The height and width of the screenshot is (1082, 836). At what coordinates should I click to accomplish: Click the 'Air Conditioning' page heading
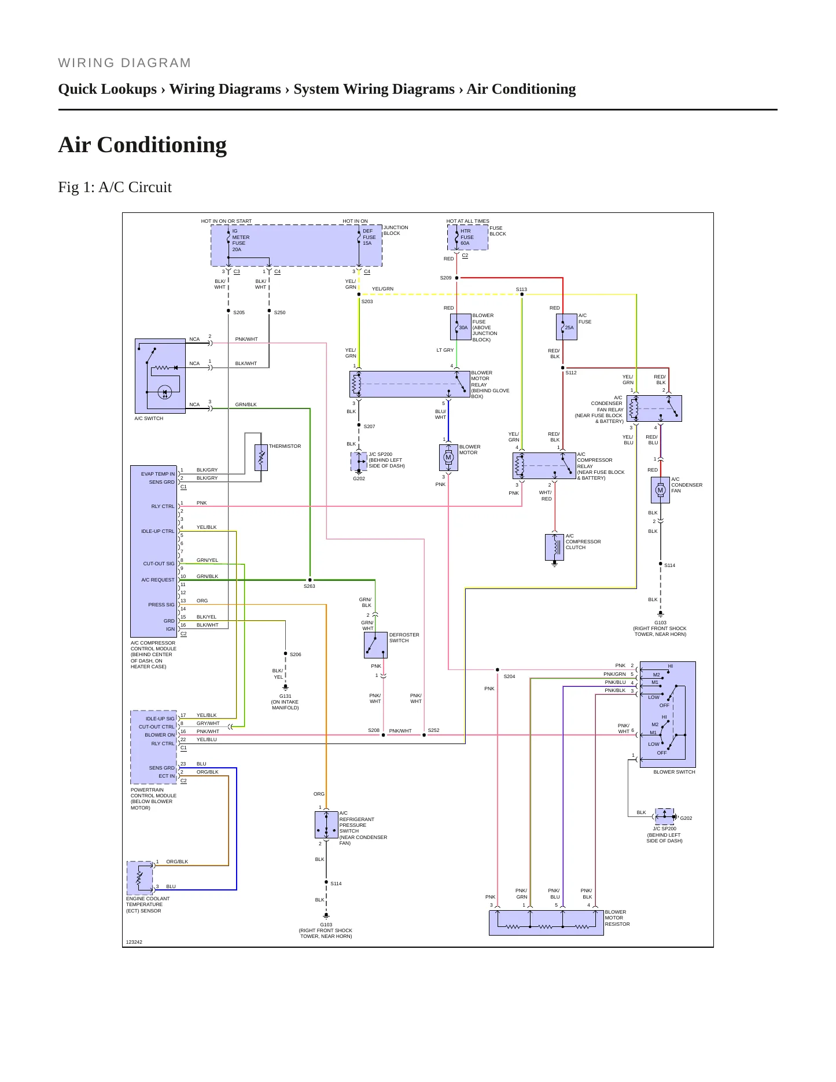click(142, 145)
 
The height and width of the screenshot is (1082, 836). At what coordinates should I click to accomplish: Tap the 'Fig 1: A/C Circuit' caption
click(115, 187)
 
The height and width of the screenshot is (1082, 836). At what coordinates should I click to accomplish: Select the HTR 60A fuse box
click(467, 237)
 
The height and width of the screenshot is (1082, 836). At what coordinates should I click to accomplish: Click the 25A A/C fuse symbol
click(566, 327)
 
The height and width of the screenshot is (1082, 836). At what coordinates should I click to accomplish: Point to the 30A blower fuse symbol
click(461, 327)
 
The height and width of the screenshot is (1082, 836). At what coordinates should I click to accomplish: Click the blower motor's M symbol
click(448, 457)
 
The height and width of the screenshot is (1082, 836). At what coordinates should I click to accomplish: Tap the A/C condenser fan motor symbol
click(660, 490)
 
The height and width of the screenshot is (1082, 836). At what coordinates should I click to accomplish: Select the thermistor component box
click(261, 457)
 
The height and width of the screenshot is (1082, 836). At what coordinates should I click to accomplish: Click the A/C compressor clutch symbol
click(554, 547)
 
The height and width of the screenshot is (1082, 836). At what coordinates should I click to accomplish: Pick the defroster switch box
click(375, 645)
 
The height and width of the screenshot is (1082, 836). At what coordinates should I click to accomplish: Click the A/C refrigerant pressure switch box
click(326, 825)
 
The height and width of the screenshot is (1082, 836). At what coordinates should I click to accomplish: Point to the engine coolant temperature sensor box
click(139, 878)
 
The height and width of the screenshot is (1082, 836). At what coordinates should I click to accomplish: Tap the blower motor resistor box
click(546, 922)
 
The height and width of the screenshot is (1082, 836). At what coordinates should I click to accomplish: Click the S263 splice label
click(310, 586)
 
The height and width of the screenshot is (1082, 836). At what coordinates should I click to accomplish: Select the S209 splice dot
click(456, 278)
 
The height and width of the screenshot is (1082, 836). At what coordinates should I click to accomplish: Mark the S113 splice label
click(521, 289)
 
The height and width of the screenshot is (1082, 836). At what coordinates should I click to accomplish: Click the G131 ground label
click(285, 696)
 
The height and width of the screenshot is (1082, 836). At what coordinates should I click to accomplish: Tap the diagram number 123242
click(134, 942)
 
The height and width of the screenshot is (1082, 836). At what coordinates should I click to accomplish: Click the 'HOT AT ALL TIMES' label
click(467, 221)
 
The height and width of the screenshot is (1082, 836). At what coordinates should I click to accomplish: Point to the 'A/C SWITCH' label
click(149, 418)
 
